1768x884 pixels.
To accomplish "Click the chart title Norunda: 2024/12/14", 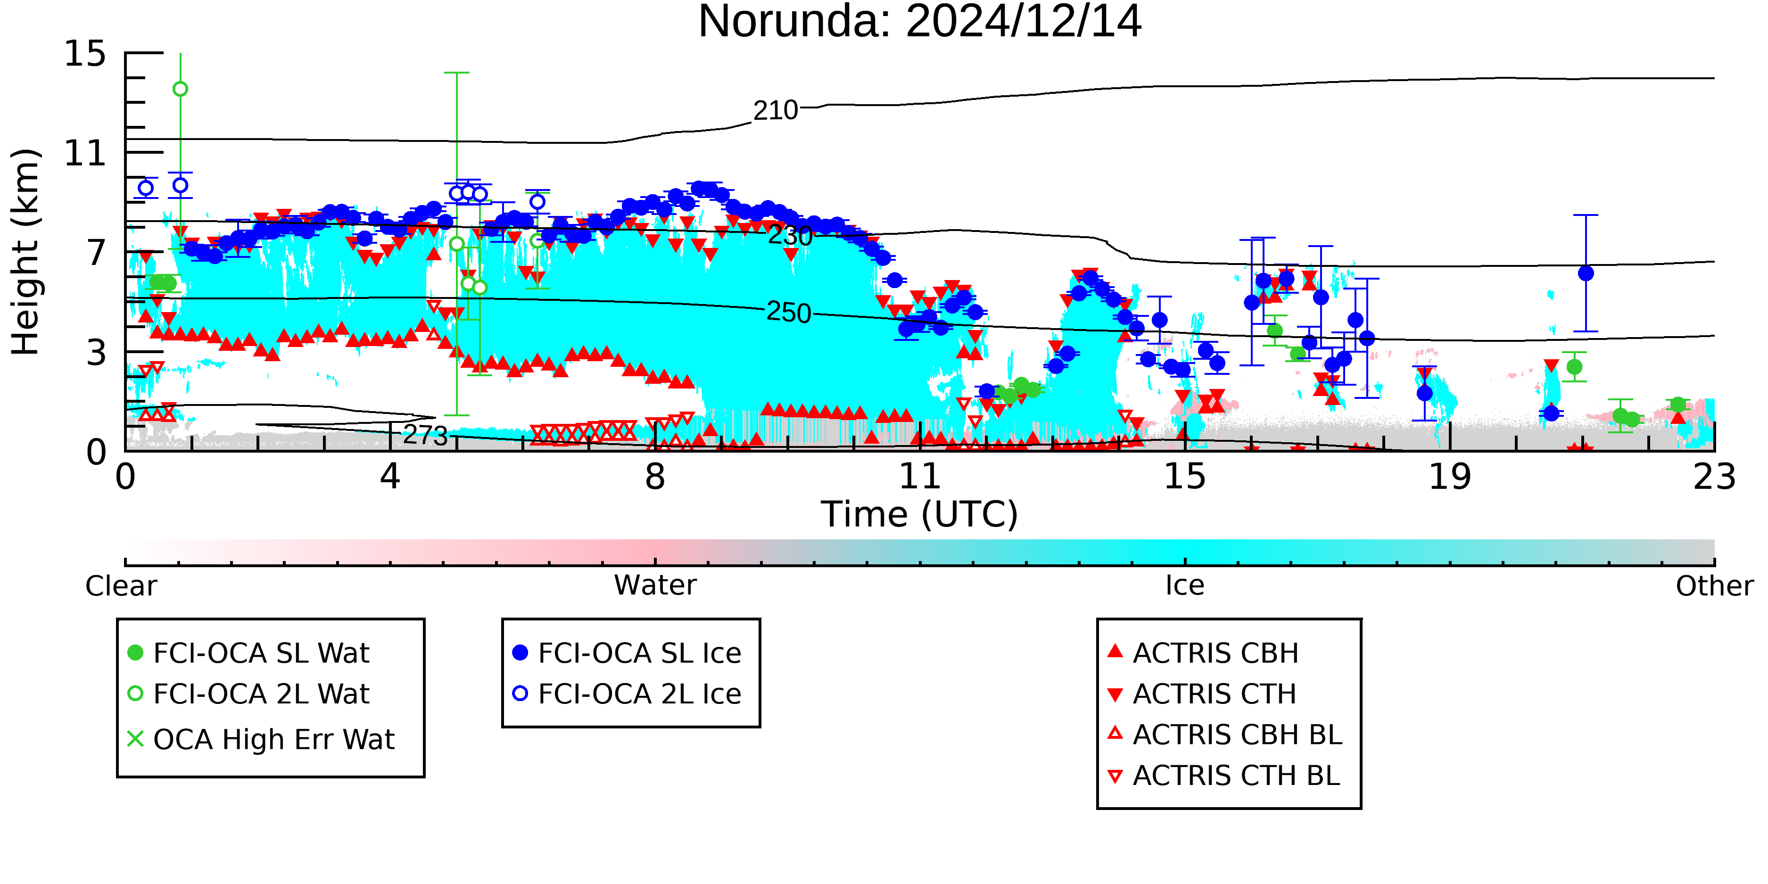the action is point(920,22).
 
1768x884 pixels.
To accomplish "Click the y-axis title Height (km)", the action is point(25,252).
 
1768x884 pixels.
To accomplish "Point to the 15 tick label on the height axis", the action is point(85,54).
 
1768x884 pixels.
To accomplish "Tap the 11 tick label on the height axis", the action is point(85,153).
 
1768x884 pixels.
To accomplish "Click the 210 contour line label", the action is point(776,110).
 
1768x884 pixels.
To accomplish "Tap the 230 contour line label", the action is point(790,236).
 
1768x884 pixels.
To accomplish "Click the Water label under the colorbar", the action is point(655,586).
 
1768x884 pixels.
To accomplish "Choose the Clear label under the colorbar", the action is point(121,586).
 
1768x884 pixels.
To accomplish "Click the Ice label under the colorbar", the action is point(1185,586).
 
